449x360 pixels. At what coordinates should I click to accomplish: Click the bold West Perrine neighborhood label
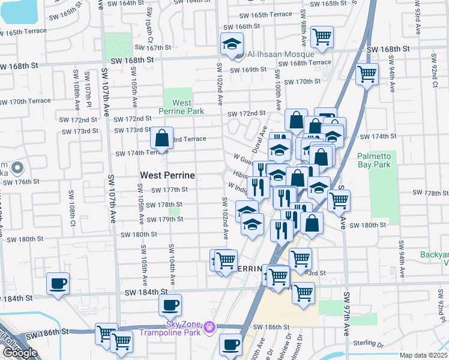point(167,175)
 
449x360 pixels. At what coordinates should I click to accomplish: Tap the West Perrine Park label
point(181,107)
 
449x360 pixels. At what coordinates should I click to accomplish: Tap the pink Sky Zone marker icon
point(209,327)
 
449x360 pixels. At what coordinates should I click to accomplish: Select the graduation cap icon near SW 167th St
point(231,44)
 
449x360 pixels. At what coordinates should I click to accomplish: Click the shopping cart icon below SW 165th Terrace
point(322,37)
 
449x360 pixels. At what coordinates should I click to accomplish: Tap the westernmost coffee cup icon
point(58,283)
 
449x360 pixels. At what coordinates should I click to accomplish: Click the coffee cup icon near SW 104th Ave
point(170,304)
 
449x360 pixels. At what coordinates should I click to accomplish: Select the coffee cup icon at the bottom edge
point(231,344)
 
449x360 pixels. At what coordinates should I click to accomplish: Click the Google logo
point(20,352)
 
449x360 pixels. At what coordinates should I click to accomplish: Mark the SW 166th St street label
point(241,27)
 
